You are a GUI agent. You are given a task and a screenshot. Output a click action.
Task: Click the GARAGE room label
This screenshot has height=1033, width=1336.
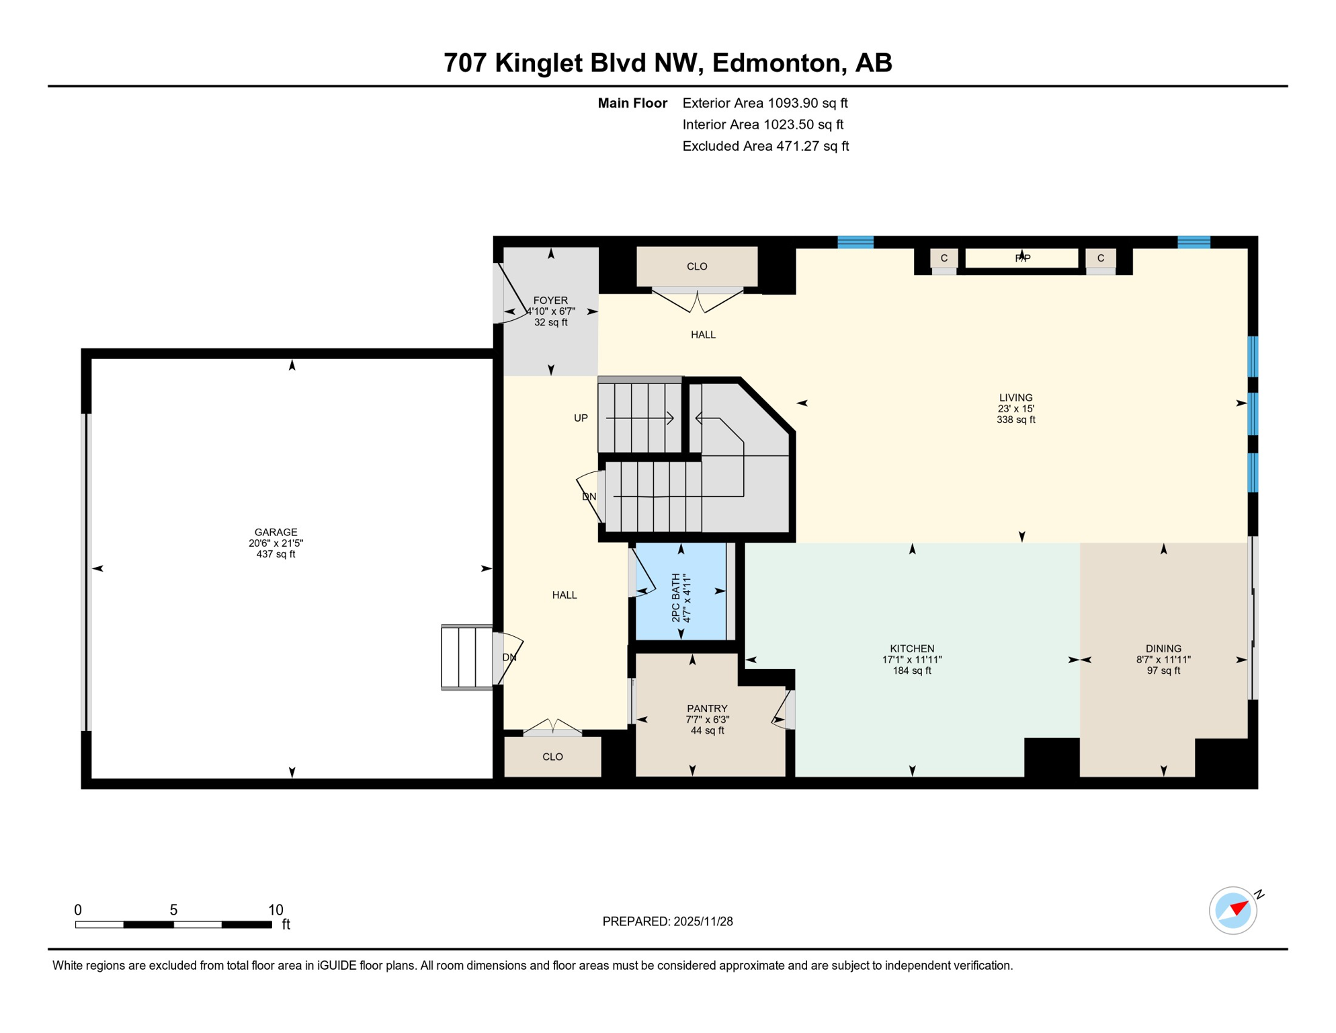pos(276,533)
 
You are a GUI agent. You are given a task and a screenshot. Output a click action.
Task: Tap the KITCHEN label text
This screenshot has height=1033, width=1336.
pos(912,649)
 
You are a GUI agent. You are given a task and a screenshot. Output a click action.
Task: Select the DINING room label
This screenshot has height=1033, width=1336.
pos(1163,649)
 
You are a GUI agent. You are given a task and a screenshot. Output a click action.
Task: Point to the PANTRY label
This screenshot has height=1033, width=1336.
pos(707,709)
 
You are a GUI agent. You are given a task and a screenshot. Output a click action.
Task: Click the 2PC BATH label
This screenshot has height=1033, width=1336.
pos(676,597)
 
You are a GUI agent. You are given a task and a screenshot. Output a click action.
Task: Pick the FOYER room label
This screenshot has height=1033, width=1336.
pos(550,301)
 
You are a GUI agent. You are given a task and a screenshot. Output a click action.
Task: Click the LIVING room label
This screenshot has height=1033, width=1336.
pos(1015,398)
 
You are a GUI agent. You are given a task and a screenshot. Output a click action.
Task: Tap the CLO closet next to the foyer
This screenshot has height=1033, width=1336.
pos(697,267)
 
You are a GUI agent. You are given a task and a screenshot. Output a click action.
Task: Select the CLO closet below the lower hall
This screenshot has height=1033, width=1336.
pos(552,757)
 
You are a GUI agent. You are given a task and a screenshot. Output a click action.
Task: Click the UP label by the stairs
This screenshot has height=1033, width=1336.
pos(581,418)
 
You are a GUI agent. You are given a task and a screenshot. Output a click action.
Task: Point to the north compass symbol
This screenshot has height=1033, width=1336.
pos(1233,911)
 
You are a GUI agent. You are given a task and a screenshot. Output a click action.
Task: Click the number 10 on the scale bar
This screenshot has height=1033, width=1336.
pos(276,910)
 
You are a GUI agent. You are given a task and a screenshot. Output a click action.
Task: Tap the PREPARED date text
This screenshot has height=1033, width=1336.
pos(667,921)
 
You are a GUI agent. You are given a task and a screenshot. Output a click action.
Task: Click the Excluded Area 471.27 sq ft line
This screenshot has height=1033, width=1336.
pos(765,147)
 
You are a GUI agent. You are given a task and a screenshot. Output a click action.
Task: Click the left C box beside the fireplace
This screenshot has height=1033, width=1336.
pos(944,258)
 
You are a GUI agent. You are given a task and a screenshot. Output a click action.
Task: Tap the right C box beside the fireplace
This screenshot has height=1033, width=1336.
pos(1101,258)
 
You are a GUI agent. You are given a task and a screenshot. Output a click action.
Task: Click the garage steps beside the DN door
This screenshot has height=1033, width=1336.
pos(466,657)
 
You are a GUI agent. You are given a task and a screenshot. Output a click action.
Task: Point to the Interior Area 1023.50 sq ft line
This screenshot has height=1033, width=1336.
pos(763,125)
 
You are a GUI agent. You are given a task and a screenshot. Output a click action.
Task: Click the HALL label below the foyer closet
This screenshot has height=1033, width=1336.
pos(703,335)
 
